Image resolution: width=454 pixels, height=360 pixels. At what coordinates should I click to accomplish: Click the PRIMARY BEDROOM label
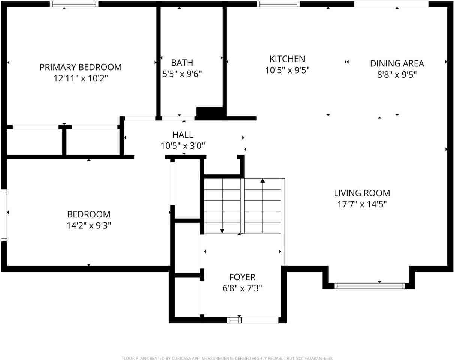tap(81, 67)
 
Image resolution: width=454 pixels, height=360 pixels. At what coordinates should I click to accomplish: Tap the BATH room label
tap(182, 63)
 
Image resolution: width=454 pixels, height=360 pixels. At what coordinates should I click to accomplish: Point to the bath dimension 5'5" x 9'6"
tap(182, 74)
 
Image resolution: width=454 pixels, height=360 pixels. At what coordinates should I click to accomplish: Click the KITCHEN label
tap(287, 59)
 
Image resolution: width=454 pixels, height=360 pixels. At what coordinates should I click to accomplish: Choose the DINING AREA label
tap(397, 63)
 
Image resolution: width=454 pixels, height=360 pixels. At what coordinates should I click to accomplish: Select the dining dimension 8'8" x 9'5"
tap(397, 75)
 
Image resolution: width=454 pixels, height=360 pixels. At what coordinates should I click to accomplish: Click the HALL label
tap(183, 135)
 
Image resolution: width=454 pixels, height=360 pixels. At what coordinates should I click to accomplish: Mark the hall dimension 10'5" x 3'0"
tap(183, 146)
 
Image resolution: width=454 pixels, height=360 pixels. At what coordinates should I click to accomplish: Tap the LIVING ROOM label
tap(362, 193)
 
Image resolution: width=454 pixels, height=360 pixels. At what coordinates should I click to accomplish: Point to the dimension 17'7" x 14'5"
tap(362, 204)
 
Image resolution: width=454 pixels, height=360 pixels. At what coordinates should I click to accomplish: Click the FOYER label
tap(242, 277)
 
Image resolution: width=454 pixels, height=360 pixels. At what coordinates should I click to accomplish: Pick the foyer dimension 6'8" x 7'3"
tap(242, 288)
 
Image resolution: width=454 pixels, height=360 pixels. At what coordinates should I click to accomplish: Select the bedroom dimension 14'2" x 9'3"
tap(89, 226)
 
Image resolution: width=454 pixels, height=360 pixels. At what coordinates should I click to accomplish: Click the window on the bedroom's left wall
tap(4, 215)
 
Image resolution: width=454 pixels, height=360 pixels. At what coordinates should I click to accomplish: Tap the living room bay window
tap(369, 286)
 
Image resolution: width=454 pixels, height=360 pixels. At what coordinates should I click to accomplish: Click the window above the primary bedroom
tap(74, 4)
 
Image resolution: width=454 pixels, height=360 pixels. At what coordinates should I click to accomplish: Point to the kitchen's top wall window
tap(278, 4)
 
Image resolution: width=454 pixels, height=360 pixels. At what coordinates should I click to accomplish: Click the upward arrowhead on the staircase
tap(263, 181)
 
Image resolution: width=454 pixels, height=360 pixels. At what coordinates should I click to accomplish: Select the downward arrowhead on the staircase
tap(222, 231)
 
